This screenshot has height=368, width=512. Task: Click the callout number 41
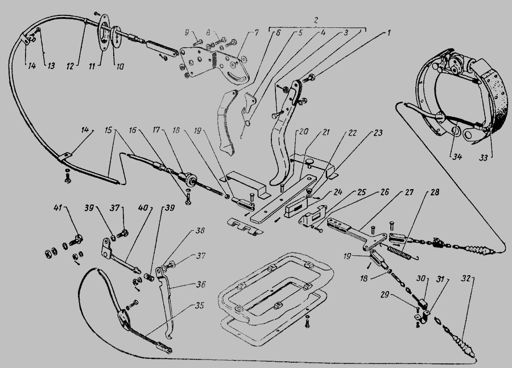pos(57,207)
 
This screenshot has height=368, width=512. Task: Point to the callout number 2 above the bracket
pos(316,20)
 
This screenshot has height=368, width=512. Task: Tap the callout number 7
pos(257,32)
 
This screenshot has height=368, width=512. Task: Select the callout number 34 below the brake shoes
pos(457,157)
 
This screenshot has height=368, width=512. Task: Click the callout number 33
pos(483,158)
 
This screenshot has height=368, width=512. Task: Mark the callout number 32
pos(466,279)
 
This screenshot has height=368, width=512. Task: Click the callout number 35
pos(199,305)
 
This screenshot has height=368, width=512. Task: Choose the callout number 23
pos(378,133)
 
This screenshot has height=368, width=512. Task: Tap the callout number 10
pos(120,67)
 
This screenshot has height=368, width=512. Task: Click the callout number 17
pos(156,130)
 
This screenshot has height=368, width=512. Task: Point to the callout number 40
pos(143,208)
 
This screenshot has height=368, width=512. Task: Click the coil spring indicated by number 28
pos(399,253)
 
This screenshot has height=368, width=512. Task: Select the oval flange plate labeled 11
pos(103,32)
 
